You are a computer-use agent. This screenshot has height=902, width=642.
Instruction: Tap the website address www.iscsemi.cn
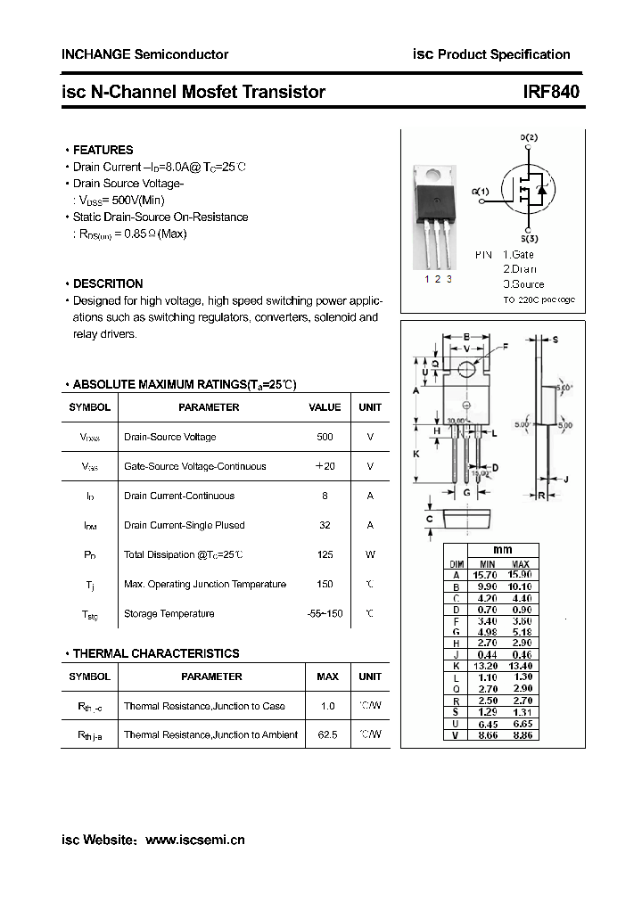(x=194, y=840)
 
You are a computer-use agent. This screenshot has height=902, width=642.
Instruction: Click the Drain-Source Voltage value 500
(x=325, y=437)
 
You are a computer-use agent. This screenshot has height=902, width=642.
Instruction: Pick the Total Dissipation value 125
(x=325, y=554)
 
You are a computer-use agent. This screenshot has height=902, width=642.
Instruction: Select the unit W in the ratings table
(x=370, y=554)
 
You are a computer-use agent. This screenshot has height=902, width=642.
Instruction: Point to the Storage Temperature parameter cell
(x=169, y=613)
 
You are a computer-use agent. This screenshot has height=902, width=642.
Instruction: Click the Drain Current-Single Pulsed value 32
(x=325, y=525)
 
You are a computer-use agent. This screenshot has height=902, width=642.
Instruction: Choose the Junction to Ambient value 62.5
(x=327, y=734)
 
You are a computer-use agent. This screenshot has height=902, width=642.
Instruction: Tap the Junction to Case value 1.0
(x=327, y=706)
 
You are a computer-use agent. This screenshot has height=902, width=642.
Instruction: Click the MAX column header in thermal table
(x=327, y=676)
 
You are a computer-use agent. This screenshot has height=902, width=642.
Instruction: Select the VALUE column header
(x=325, y=407)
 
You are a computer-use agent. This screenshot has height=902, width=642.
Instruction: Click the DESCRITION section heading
(x=107, y=283)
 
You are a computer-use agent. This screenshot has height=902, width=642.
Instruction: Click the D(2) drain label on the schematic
(x=529, y=137)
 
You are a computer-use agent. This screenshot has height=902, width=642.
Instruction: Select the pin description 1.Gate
(x=518, y=255)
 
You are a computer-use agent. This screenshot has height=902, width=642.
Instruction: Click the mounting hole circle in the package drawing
(x=466, y=369)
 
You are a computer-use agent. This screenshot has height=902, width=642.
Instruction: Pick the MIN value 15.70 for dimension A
(x=488, y=576)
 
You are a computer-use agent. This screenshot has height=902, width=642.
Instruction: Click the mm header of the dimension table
(x=503, y=550)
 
